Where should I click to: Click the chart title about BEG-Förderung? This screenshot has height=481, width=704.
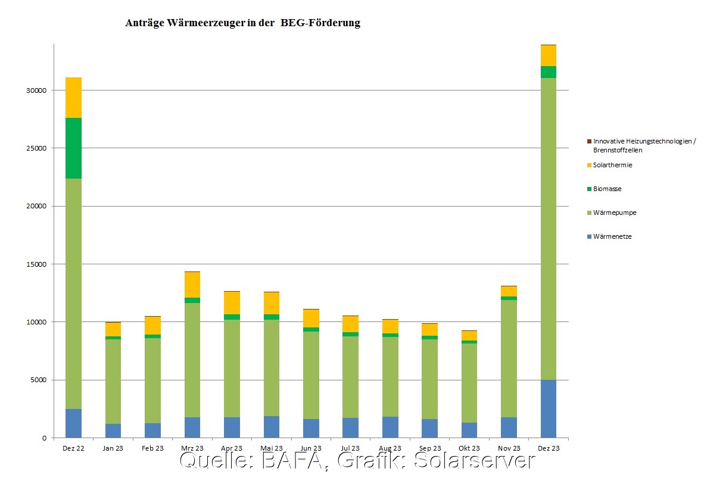pos(242,23)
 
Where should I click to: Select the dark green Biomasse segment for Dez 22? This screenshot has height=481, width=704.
pos(73,148)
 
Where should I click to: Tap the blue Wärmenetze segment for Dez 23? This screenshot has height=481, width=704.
pos(548,408)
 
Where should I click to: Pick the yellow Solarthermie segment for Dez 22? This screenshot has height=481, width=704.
pos(73,98)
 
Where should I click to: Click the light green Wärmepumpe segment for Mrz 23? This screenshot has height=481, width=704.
pos(192,360)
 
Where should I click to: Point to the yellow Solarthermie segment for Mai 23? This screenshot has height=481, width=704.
pos(271,303)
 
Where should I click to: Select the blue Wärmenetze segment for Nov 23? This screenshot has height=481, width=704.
pos(509,427)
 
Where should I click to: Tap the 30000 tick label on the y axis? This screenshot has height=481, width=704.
pos(36,90)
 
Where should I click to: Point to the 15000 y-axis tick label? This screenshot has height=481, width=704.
pos(36,264)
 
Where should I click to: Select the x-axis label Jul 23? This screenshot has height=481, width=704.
pos(350,448)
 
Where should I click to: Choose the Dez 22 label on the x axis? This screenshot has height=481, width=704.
pos(73,448)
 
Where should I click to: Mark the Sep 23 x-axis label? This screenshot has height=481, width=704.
pos(429,448)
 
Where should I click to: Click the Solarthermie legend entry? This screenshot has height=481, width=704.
pos(612,165)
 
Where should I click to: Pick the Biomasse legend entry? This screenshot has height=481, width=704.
pos(607,189)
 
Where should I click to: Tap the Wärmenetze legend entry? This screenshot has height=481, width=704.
pos(612,236)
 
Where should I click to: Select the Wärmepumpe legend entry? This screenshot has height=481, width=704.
pos(613,213)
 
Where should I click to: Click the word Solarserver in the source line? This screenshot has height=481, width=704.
pos(474,461)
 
